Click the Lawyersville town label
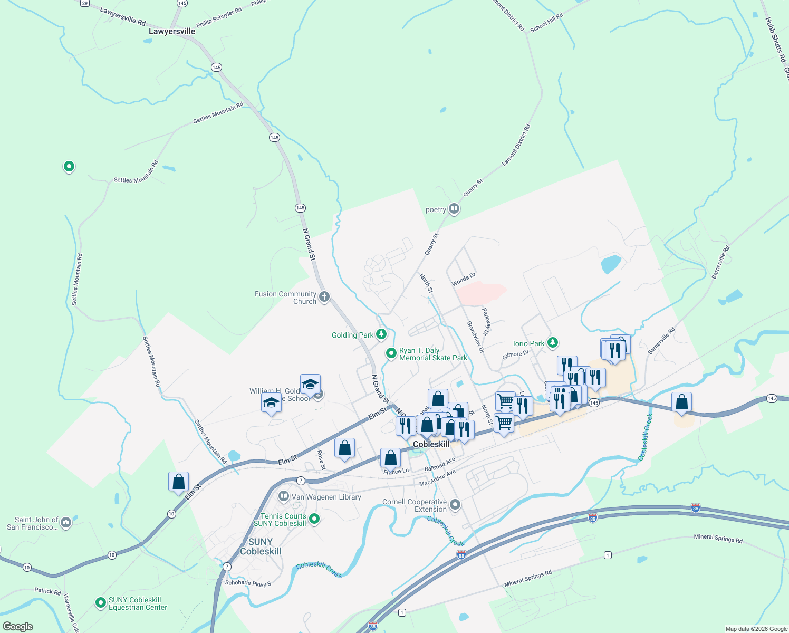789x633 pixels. (172, 31)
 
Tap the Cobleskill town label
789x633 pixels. (431, 444)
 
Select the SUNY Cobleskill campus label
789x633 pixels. (261, 546)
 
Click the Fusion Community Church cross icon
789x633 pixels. (324, 297)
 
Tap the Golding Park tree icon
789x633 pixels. (381, 334)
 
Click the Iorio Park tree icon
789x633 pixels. (552, 343)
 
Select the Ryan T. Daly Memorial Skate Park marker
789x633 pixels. (391, 353)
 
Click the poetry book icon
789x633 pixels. (454, 209)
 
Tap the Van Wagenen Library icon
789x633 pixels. (284, 496)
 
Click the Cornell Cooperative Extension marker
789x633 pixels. (455, 505)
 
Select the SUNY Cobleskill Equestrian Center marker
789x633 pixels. (100, 602)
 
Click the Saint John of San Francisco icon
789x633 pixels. (66, 522)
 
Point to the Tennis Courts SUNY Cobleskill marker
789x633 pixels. (314, 519)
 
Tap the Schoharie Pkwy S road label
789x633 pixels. (248, 583)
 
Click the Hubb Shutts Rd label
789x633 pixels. (775, 40)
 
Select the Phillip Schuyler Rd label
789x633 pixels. (219, 17)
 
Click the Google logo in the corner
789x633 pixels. (18, 626)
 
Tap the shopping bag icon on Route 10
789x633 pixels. (179, 482)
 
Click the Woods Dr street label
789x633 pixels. (464, 280)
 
